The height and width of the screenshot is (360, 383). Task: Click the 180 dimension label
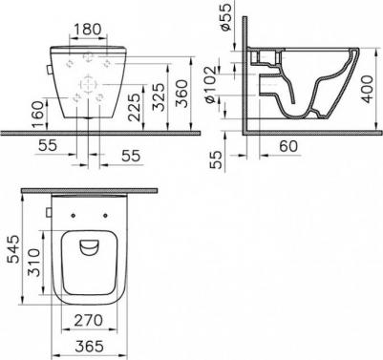[87, 30]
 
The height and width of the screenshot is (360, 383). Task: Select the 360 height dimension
[182, 94]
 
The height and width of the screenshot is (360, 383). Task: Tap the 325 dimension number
[159, 97]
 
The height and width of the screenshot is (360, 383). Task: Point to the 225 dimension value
[136, 107]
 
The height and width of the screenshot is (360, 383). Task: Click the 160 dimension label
[38, 115]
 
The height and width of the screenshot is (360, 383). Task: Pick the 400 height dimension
[368, 89]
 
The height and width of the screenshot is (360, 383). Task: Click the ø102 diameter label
[211, 85]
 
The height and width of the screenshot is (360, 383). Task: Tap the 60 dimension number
[288, 146]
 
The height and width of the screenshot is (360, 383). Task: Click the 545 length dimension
[12, 249]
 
